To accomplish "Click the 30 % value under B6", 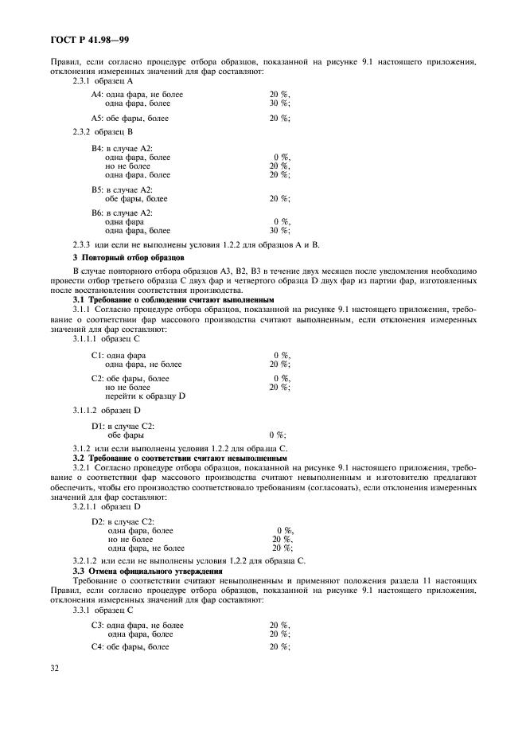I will click(279, 230).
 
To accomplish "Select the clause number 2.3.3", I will click(83, 245).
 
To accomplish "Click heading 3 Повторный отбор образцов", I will click(128, 259).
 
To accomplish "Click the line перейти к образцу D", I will click(145, 396).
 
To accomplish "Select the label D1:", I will click(99, 427).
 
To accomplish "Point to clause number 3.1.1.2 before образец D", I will click(85, 411).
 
